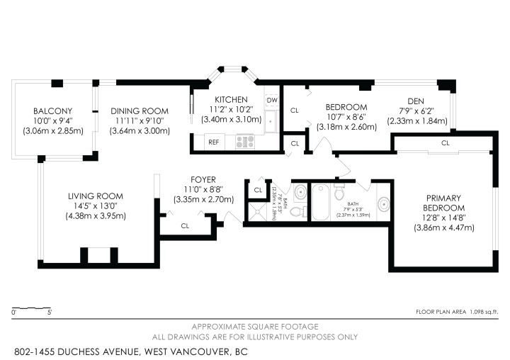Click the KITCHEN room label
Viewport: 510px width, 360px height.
pyautogui.click(x=232, y=99)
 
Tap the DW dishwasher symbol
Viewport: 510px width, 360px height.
pyautogui.click(x=272, y=101)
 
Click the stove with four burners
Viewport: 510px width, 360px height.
pyautogui.click(x=245, y=142)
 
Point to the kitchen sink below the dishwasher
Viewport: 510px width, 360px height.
pyautogui.click(x=271, y=122)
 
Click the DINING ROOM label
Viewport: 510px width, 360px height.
pyautogui.click(x=140, y=111)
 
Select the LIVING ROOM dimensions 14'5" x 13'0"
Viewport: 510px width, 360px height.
pyautogui.click(x=96, y=206)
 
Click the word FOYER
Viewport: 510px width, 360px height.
pyautogui.click(x=203, y=180)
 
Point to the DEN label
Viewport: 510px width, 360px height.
pyautogui.click(x=417, y=101)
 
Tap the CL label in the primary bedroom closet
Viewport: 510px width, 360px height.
pyautogui.click(x=445, y=143)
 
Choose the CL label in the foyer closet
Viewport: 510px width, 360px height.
pyautogui.click(x=186, y=226)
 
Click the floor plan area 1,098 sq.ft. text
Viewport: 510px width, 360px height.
pyautogui.click(x=457, y=312)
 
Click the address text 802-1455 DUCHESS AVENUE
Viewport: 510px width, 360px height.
pyautogui.click(x=78, y=351)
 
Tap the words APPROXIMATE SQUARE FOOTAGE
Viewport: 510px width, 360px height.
pyautogui.click(x=255, y=326)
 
